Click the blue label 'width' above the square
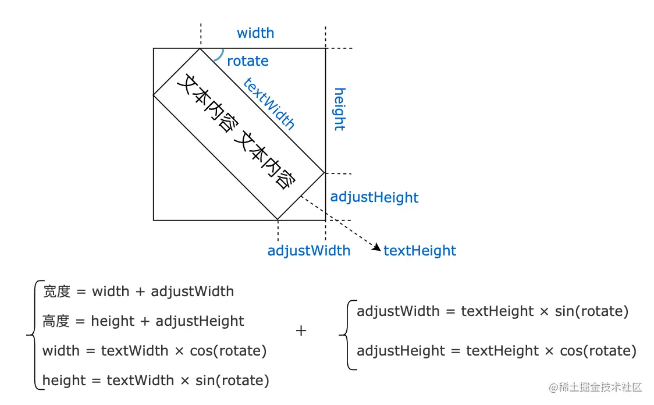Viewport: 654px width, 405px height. point(255,33)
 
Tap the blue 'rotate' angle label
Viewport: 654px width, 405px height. point(247,61)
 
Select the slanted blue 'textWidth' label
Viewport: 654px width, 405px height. point(269,104)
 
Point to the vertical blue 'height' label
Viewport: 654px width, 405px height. point(339,109)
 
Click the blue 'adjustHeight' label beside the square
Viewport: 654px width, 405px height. point(374,197)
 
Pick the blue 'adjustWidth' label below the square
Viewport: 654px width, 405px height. point(308,251)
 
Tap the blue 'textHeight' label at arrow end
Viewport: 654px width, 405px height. point(420,251)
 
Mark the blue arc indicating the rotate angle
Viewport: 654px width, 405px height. point(220,55)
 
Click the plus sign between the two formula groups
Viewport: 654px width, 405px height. point(301,331)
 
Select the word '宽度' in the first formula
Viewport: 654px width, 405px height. point(56,292)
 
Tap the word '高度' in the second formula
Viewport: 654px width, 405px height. point(56,321)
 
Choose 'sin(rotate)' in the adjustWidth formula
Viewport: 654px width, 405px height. point(592,311)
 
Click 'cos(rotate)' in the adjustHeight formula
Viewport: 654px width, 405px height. point(598,351)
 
